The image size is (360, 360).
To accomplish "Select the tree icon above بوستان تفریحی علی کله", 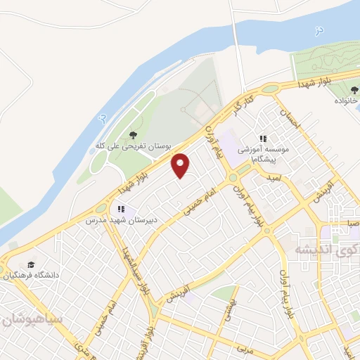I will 134,135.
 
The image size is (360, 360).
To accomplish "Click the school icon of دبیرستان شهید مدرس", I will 121,209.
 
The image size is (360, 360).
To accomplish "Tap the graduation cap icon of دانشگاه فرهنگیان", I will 31,265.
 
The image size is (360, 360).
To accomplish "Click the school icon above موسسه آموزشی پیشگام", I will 264,139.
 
